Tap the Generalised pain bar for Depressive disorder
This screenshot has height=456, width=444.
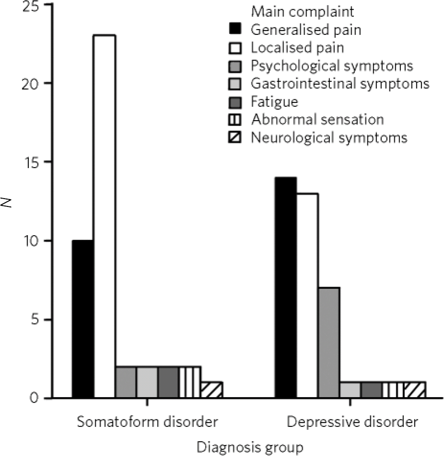point(285,287)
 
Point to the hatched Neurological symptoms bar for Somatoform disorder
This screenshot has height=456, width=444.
point(212,390)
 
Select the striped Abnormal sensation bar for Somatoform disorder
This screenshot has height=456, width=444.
point(190,382)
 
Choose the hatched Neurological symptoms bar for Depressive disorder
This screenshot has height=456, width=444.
point(415,390)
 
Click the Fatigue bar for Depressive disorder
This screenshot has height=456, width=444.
point(372,390)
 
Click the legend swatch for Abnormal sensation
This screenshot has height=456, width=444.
point(236,119)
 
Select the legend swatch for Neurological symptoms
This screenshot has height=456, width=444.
point(236,138)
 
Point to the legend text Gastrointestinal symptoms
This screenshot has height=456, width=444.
point(340,84)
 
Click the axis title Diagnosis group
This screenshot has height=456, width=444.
point(250,447)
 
